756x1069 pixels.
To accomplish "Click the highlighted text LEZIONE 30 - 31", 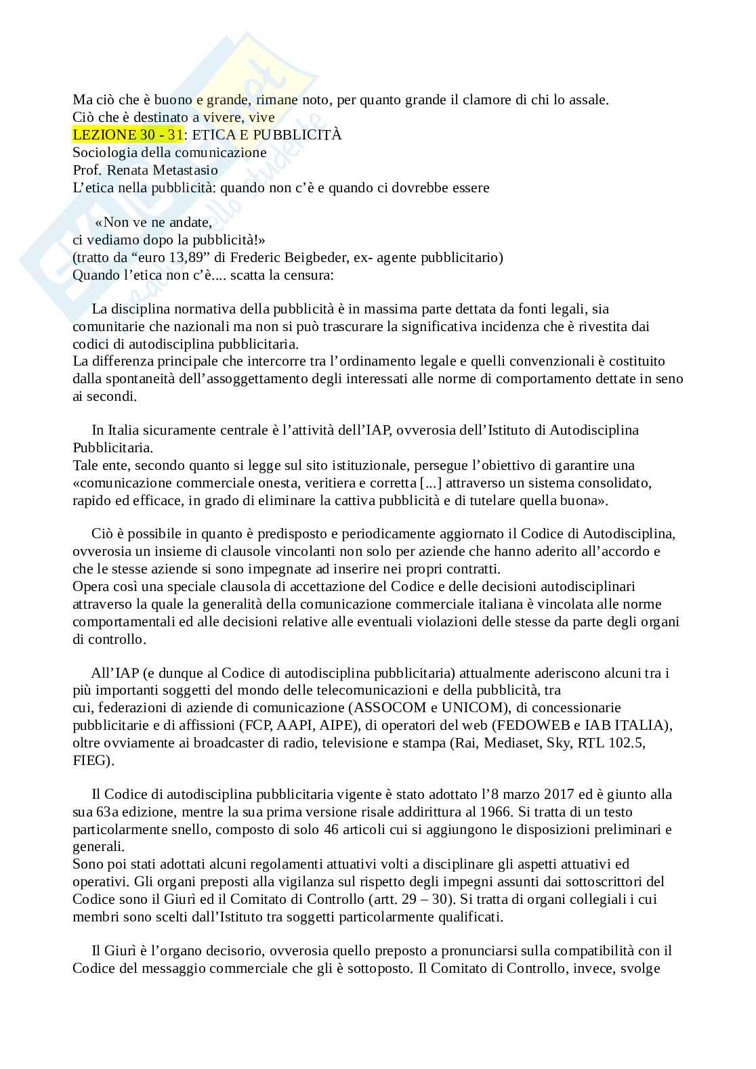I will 127,135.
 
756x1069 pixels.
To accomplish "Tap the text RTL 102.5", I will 612,743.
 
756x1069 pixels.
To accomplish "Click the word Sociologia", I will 104,152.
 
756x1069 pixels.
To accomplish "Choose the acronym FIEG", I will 91,761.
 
